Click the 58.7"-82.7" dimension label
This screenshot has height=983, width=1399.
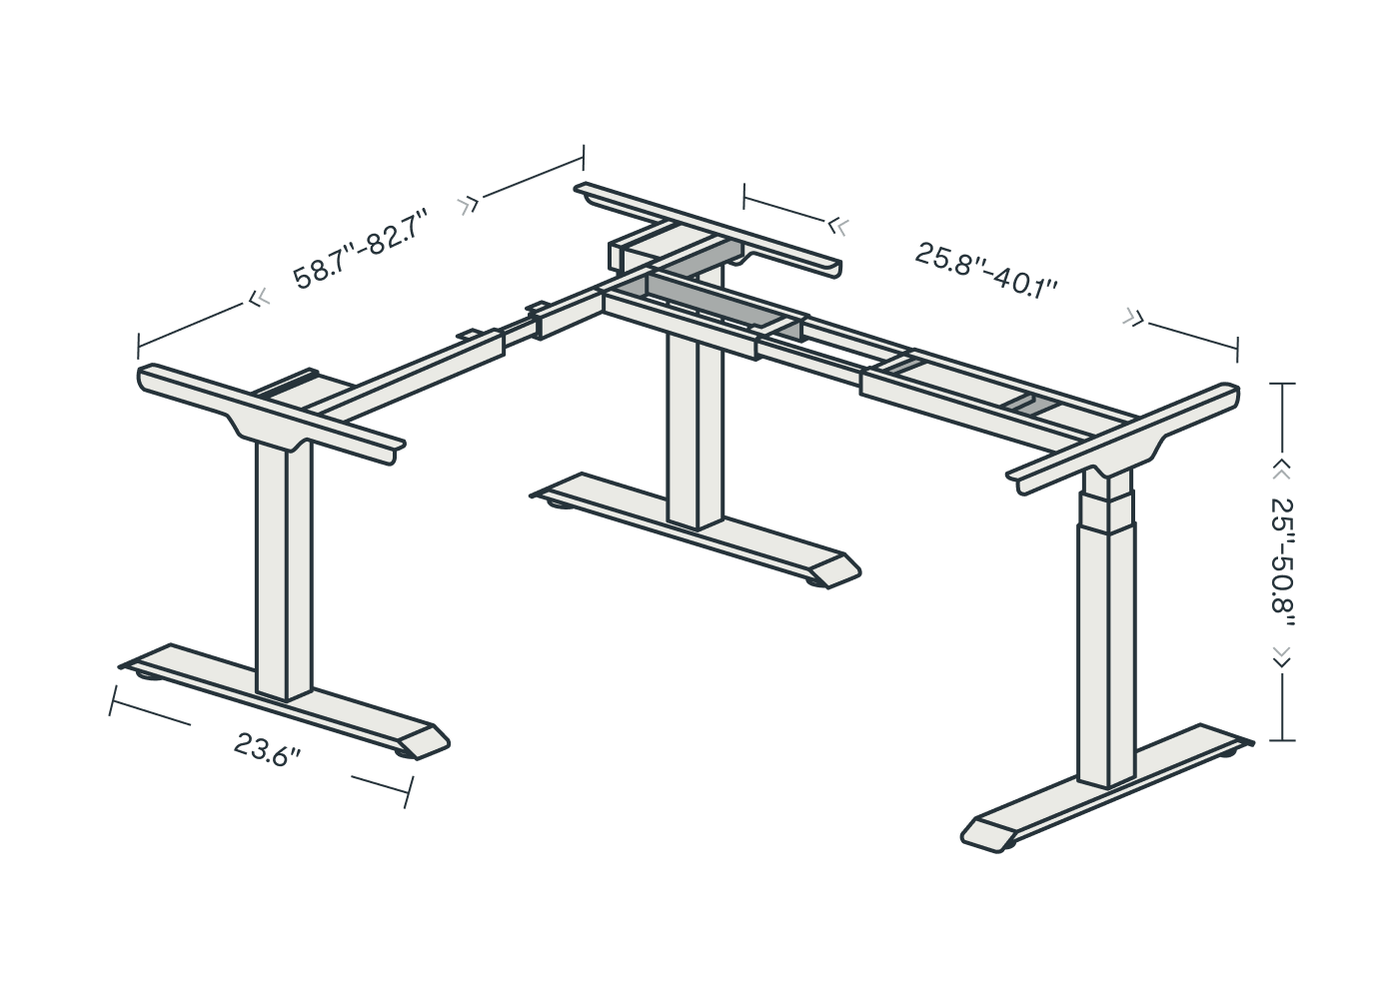pyautogui.click(x=362, y=250)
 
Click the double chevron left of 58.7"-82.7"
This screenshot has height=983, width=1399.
pyautogui.click(x=259, y=298)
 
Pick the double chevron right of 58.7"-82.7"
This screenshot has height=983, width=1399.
pyautogui.click(x=468, y=205)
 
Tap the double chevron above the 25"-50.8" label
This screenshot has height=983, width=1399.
pyautogui.click(x=1281, y=474)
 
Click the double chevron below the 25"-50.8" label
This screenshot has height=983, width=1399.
pyautogui.click(x=1281, y=657)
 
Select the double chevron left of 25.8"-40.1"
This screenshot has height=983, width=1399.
pyautogui.click(x=838, y=226)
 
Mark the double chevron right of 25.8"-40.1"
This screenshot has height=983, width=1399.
pyautogui.click(x=1133, y=318)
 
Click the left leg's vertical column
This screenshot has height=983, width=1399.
pyautogui.click(x=284, y=569)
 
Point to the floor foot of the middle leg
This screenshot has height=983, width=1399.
pyautogui.click(x=696, y=530)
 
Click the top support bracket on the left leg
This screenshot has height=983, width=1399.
pyautogui.click(x=271, y=414)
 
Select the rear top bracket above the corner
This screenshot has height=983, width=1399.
pyautogui.click(x=707, y=230)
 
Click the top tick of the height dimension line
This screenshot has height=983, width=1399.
pyautogui.click(x=1282, y=384)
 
